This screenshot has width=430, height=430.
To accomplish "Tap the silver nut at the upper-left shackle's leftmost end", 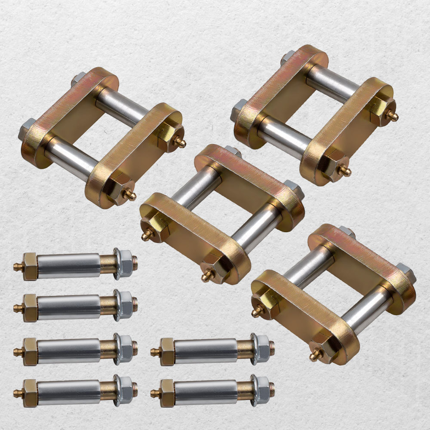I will pyautogui.click(x=25, y=129).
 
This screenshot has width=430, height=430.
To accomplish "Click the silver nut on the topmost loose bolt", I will pyautogui.click(x=125, y=263).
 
